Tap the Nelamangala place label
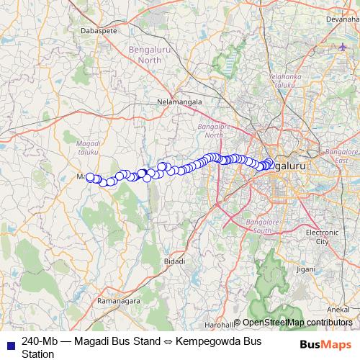180,102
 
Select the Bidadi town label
174,261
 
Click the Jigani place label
305,269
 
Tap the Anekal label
338,308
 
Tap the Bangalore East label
341,156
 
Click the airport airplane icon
341,48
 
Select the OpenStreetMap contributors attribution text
297,323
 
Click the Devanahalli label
342,19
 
